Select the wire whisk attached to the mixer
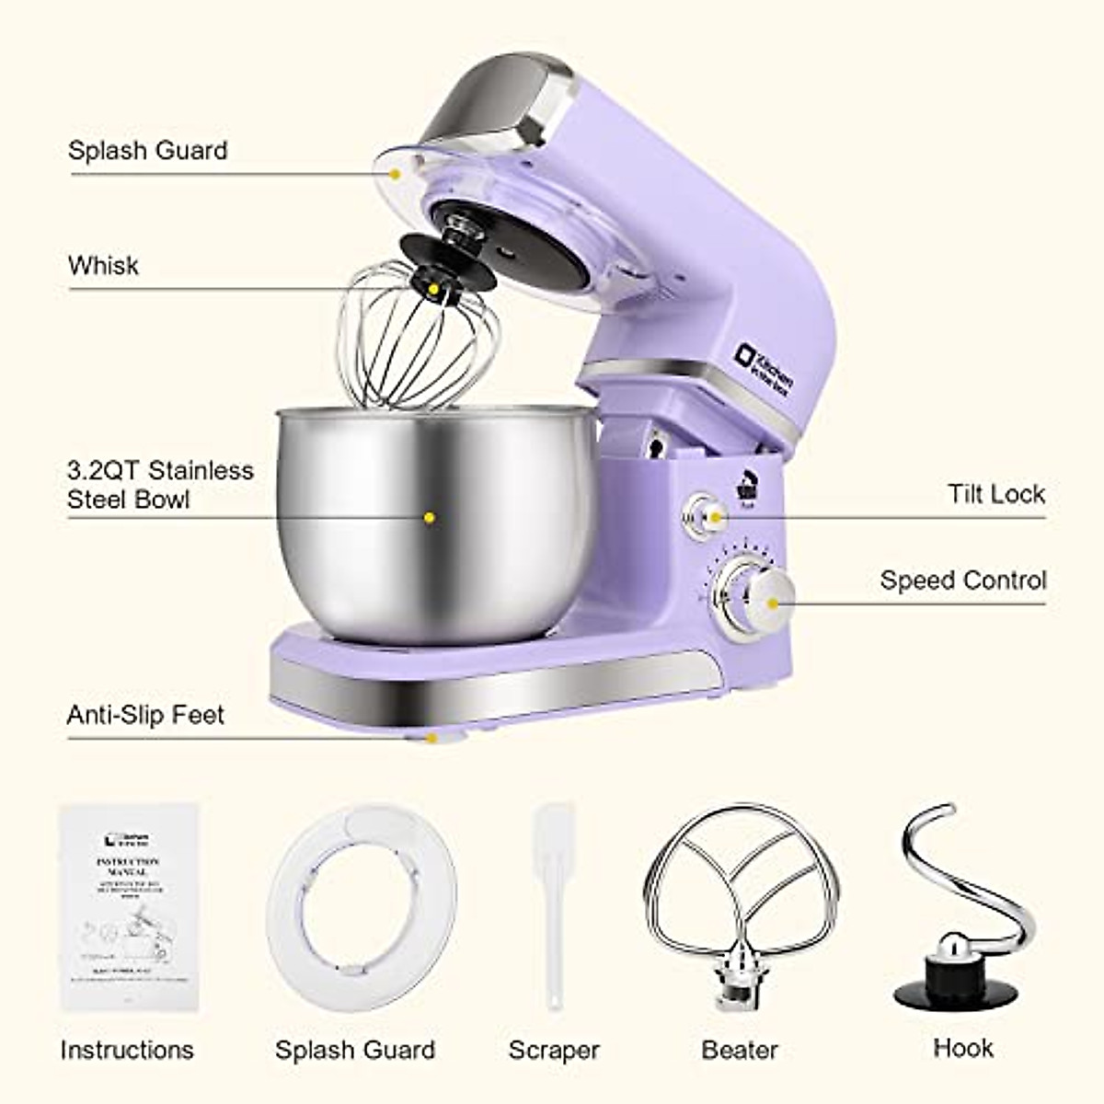coord(419,340)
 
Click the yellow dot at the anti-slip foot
coord(431,737)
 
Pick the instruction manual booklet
coord(130,907)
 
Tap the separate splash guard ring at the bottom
coord(362,907)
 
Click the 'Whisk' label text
coord(103,266)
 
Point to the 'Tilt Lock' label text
coord(996,494)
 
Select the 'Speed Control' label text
coord(962,581)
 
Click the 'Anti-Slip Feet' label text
coord(145,715)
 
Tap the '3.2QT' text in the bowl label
coord(104,471)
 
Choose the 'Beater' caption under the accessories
coord(740,1050)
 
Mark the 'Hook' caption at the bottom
coord(962,1048)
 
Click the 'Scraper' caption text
coord(554,1050)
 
